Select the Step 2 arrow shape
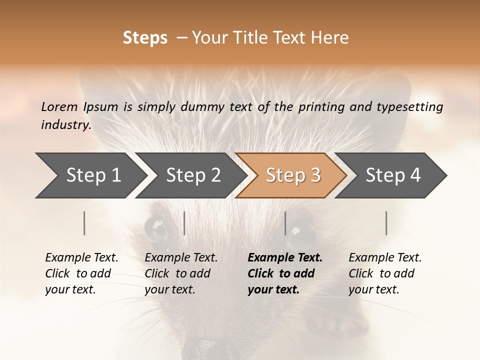(193, 175)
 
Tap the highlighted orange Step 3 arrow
(293, 175)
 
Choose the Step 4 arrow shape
(393, 175)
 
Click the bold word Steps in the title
(145, 38)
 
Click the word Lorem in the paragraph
(59, 106)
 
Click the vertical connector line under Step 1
(84, 223)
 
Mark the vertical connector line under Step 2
(184, 223)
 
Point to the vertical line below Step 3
(285, 223)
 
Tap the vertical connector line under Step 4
(386, 223)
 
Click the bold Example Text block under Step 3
(284, 273)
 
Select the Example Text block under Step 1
(81, 273)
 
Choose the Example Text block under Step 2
(181, 273)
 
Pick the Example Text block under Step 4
(385, 273)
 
